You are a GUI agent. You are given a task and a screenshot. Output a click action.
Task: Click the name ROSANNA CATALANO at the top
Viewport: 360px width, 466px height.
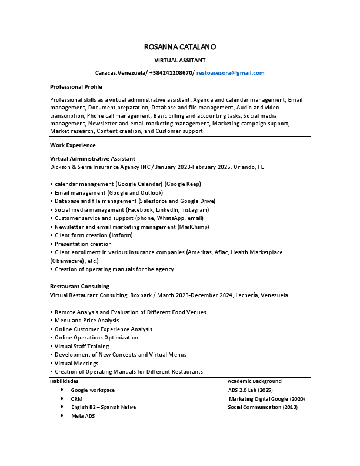tap(179, 46)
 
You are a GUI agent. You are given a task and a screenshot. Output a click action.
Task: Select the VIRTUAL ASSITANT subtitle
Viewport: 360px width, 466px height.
tap(179, 60)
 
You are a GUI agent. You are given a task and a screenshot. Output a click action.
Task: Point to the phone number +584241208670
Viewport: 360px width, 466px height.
tap(171, 73)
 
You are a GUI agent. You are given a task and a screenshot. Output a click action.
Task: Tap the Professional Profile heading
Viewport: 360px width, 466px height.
tap(76, 87)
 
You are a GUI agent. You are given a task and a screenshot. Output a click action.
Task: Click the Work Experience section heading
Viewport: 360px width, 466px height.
tap(72, 145)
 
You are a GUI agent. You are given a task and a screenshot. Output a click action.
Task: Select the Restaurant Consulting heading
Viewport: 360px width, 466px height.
tap(79, 287)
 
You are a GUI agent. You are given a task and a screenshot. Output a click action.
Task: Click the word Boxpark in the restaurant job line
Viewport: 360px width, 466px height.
tap(146, 295)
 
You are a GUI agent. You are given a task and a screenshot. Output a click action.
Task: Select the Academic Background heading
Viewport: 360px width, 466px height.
tap(254, 381)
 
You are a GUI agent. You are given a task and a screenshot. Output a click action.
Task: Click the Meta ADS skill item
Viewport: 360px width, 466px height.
tap(82, 416)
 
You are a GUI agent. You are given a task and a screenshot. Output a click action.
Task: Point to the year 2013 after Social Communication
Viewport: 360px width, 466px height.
tap(290, 407)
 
